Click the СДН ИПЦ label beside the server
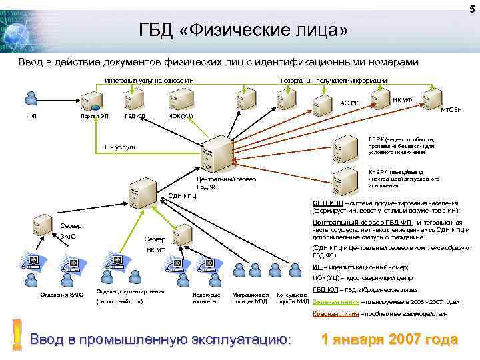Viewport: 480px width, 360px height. (182, 196)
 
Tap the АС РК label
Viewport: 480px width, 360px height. (349, 103)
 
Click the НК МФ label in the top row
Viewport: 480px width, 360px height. (403, 99)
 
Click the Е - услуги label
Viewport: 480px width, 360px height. (120, 146)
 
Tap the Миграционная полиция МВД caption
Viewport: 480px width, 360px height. (250, 297)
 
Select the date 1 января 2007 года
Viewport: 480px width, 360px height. (389, 339)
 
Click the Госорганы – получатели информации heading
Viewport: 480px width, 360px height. (334, 80)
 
